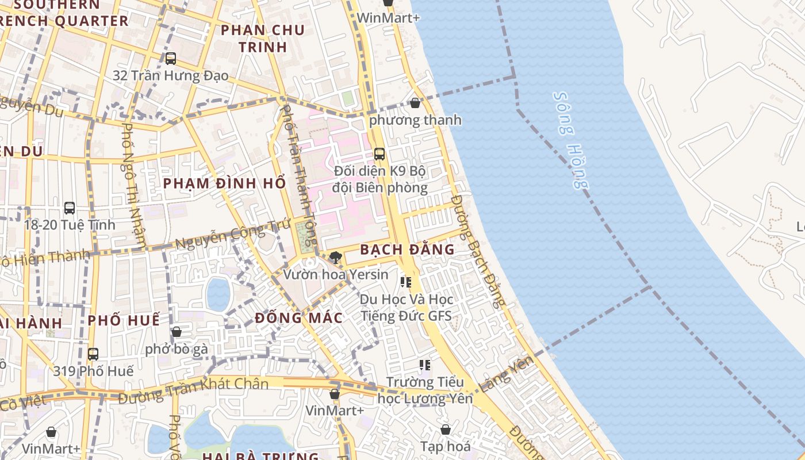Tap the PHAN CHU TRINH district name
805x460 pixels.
tap(262, 39)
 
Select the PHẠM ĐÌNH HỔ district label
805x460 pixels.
tap(224, 183)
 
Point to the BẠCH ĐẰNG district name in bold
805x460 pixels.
tap(407, 250)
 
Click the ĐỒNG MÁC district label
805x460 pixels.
tap(298, 317)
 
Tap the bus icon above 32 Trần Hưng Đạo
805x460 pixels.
tap(170, 59)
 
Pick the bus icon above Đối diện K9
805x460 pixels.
tap(379, 154)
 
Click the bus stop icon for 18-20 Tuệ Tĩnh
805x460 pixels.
tap(70, 208)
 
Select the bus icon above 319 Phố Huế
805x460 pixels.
tap(93, 354)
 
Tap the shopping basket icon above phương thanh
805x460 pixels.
tap(415, 103)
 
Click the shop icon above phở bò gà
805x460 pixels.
tap(177, 332)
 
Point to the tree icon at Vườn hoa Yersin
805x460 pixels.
tap(336, 258)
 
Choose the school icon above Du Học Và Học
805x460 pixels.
tap(406, 282)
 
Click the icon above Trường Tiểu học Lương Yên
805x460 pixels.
tap(425, 365)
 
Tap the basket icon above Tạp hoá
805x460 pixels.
tap(446, 430)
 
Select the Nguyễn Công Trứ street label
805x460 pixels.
tap(225, 237)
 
